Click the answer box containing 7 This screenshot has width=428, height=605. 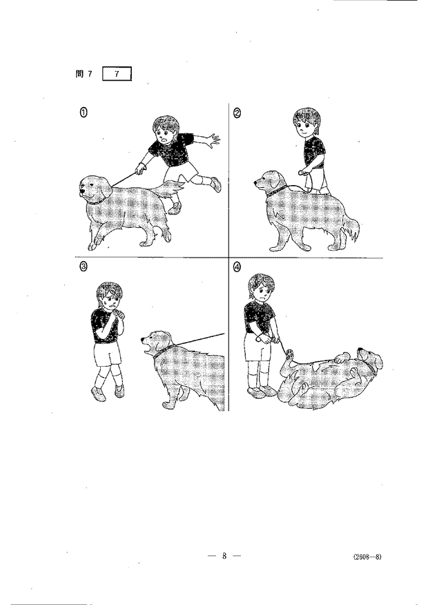pos(117,74)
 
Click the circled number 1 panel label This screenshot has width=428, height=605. pos(84,113)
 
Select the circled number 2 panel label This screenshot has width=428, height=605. pos(237,113)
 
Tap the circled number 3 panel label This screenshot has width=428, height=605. pos(83,267)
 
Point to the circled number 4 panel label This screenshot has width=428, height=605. pos(237,267)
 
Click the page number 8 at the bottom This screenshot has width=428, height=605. pos(224,555)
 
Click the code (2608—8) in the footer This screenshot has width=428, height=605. pos(367,557)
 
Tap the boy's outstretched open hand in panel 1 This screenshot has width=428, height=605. pos(213,140)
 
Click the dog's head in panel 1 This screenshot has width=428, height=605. pos(95,189)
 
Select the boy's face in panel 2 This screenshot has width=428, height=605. pos(306,126)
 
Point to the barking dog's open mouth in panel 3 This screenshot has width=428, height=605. pos(146,348)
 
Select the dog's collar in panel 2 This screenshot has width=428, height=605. pos(277,191)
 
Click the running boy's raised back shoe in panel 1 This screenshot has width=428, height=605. pos(216,184)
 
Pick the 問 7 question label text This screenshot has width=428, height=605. pos(84,74)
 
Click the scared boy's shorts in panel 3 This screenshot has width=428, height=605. pos(107,354)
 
